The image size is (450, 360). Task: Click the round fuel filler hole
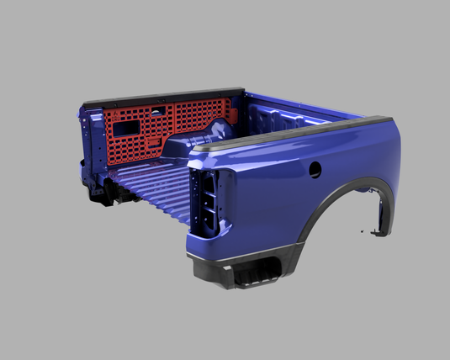pyautogui.click(x=315, y=169)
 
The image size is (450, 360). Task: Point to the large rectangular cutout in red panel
pyautogui.click(x=128, y=127)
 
